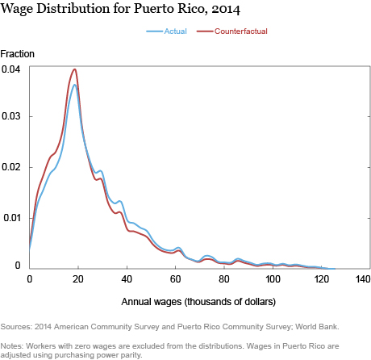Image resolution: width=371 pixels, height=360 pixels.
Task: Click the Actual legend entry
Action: pos(166,31)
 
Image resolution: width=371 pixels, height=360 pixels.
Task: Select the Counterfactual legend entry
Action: pos(232,31)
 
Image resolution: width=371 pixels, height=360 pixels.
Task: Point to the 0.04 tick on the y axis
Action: pos(10,69)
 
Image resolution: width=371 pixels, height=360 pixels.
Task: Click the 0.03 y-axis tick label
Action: pos(10,116)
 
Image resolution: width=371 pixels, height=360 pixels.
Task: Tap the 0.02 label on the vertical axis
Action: pos(10,167)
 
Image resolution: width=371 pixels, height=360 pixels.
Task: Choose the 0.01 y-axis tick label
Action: pos(11,218)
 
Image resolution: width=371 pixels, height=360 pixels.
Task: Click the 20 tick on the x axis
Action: pos(77,279)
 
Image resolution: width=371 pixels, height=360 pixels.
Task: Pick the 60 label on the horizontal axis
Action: pos(175,279)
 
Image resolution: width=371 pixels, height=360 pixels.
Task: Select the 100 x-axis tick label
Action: pos(273,279)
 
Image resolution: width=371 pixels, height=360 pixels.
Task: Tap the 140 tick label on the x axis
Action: pos(363,279)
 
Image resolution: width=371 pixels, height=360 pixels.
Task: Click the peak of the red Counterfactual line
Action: pos(75,69)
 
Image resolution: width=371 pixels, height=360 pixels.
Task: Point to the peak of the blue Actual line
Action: pos(75,85)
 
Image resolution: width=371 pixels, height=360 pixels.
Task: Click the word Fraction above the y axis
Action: pos(18,54)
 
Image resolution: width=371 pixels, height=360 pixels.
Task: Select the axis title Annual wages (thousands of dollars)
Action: pos(198,302)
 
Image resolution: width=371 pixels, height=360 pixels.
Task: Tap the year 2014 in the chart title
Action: pos(226,9)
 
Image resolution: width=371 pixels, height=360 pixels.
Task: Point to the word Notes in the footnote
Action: pos(11,345)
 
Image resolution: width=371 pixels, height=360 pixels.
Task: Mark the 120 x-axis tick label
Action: pos(321,279)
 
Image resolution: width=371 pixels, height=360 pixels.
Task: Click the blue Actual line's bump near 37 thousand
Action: pos(119,201)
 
